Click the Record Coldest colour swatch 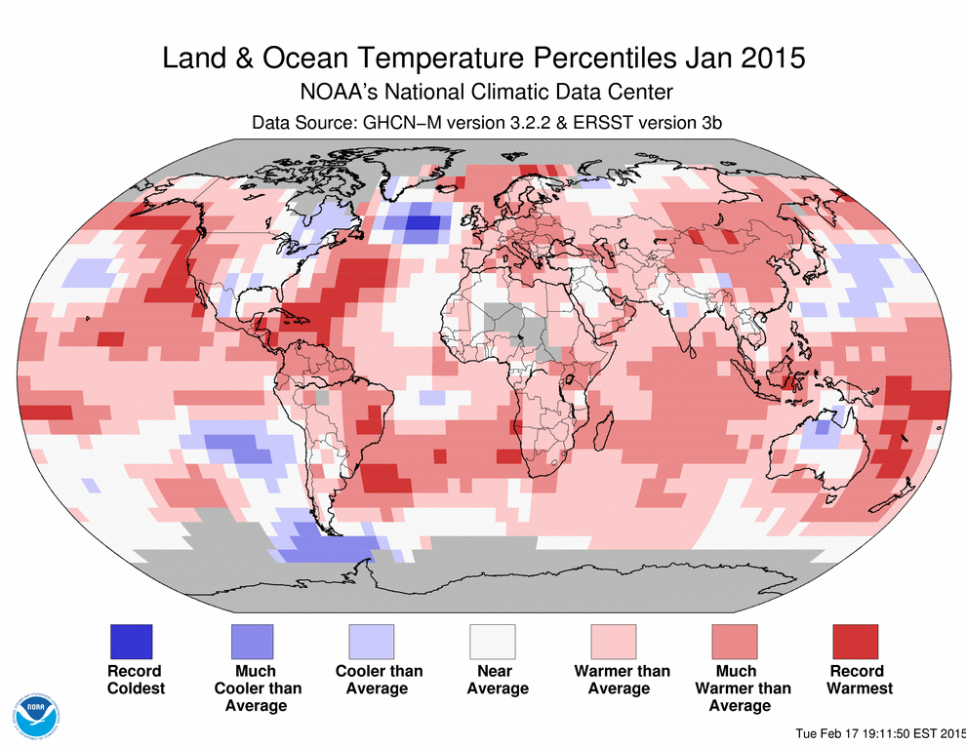point(130,642)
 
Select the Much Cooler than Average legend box point(252,642)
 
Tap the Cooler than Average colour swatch point(373,642)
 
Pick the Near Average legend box point(494,642)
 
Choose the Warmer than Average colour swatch point(615,642)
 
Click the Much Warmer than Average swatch point(736,642)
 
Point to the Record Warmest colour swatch point(856,642)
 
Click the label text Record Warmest point(859,680)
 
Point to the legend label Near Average point(497,680)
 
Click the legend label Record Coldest point(135,680)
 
